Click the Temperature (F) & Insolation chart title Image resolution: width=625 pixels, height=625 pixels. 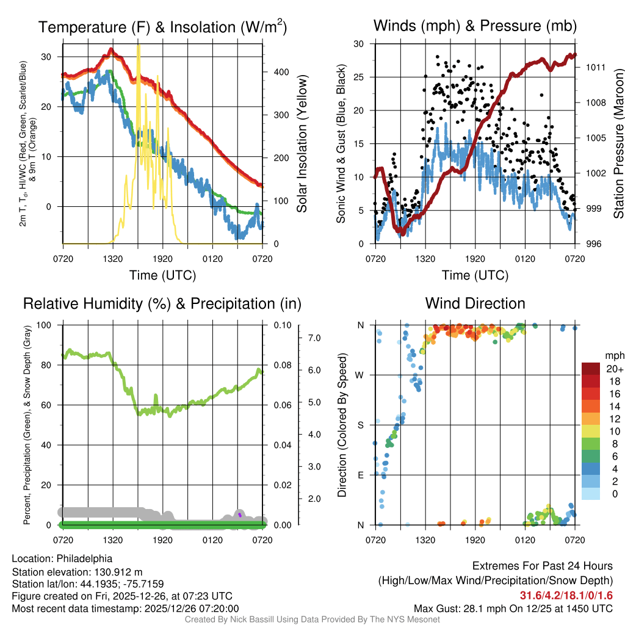[x=162, y=27]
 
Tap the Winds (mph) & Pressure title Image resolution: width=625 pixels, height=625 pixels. [x=475, y=26]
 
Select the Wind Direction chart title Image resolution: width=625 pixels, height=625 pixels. [x=475, y=303]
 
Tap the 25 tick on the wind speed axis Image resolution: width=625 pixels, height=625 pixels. [x=359, y=78]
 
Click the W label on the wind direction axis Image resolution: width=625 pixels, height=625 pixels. [x=360, y=375]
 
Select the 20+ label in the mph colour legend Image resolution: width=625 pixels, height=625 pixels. [x=614, y=369]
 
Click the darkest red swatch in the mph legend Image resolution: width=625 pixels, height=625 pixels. [x=591, y=369]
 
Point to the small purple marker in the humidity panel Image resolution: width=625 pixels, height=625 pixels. [x=240, y=515]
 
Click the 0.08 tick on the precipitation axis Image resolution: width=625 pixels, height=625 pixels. [x=281, y=365]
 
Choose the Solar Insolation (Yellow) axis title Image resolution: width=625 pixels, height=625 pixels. [x=302, y=144]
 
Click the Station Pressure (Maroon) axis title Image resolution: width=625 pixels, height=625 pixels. [x=618, y=144]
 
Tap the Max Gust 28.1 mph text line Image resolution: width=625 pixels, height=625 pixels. [x=513, y=608]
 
